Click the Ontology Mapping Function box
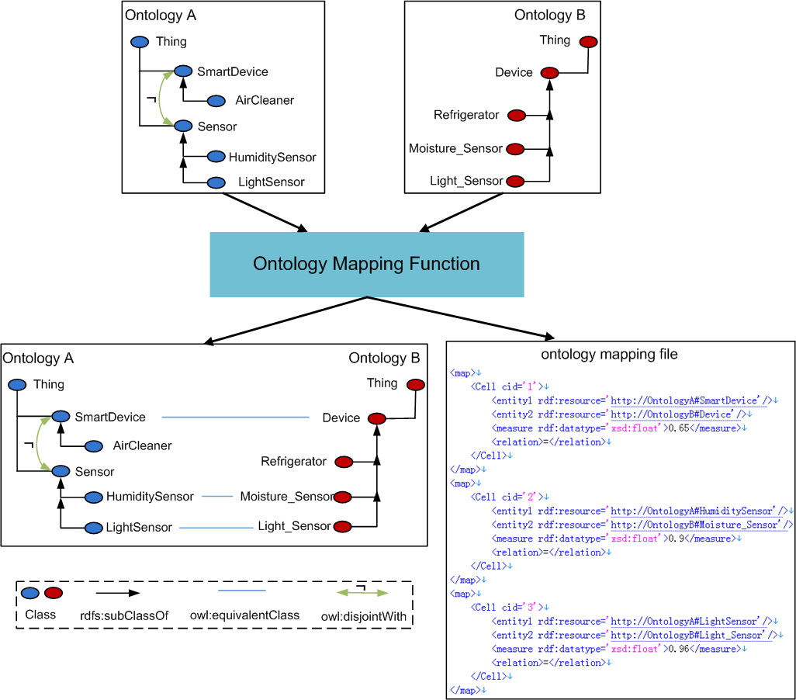366,265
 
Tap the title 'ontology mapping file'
609,355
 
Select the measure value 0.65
678,428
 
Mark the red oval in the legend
54,594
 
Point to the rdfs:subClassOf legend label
113,615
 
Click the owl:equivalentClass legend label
244,615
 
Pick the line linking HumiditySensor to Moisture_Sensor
217,496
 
